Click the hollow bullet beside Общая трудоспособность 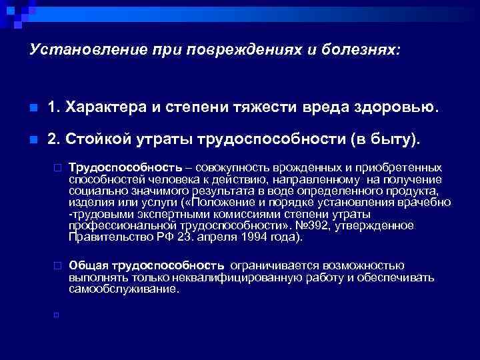pyautogui.click(x=58, y=265)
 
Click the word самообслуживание pyautogui.click(x=123, y=289)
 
